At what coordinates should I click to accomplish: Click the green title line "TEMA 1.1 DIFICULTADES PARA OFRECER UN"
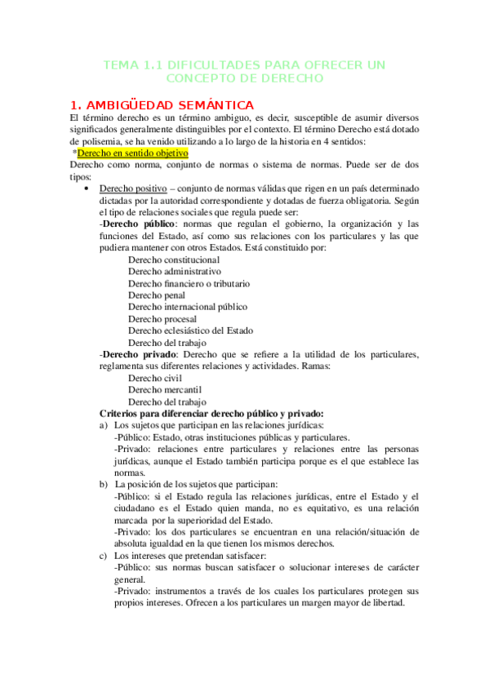[x=245, y=64]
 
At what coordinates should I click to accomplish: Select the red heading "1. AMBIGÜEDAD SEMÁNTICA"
[x=162, y=104]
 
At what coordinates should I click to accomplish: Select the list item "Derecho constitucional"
[x=174, y=259]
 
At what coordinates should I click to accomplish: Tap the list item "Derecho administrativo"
[x=175, y=271]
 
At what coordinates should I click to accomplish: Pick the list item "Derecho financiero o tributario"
[x=189, y=283]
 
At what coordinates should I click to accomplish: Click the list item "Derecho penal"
[x=156, y=295]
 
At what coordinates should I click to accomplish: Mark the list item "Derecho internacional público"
[x=188, y=307]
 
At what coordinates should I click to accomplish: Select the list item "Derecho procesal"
[x=162, y=319]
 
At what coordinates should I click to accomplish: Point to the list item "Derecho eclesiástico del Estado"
[x=190, y=330]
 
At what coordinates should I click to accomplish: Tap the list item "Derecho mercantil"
[x=164, y=390]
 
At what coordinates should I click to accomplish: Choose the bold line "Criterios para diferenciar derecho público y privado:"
[x=211, y=414]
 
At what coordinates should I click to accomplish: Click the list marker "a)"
[x=104, y=426]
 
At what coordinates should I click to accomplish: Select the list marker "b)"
[x=104, y=485]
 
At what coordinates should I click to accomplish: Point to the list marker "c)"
[x=104, y=557]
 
